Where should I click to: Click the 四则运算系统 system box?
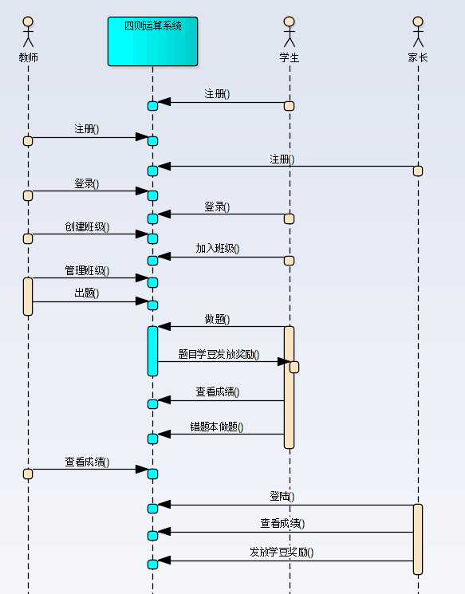tap(152, 41)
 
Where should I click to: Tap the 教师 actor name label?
tap(28, 57)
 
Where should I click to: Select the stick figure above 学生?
tap(290, 31)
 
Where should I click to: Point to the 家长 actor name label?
tap(417, 57)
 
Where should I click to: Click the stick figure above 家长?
tap(417, 31)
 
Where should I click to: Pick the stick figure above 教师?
tap(28, 31)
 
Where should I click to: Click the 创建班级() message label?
tap(87, 227)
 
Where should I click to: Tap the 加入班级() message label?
tap(218, 249)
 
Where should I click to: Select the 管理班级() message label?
tap(87, 271)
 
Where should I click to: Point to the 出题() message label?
tap(87, 293)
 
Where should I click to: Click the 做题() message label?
tap(217, 319)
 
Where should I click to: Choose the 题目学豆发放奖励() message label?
tap(219, 355)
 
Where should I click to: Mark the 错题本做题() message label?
tap(217, 427)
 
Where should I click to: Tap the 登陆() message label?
tap(282, 497)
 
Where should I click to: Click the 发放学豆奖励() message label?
tap(282, 553)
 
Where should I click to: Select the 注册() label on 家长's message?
tap(282, 159)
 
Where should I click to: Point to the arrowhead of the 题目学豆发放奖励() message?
tap(282, 362)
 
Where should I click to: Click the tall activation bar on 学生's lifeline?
tap(289, 387)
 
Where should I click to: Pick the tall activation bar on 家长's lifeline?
tap(417, 539)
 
